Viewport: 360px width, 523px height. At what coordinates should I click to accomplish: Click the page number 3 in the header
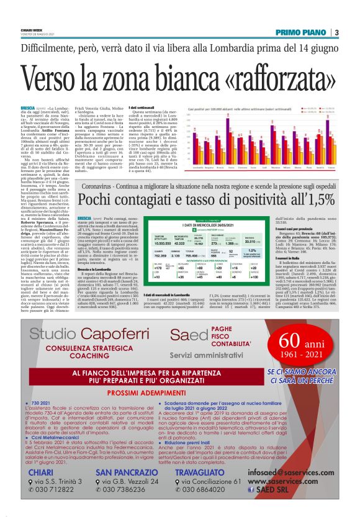336,32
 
